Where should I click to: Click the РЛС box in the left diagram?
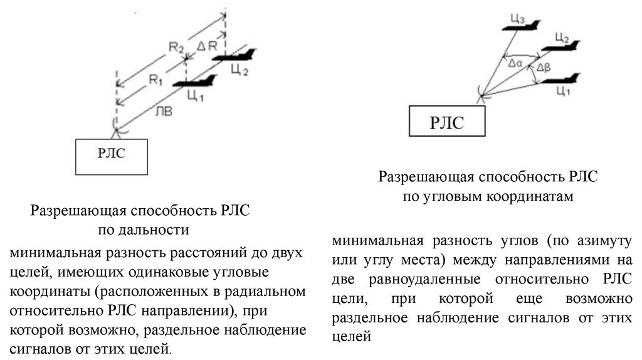[111, 157]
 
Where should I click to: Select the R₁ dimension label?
[155, 79]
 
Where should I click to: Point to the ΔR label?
[206, 46]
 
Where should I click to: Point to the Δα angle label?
[515, 63]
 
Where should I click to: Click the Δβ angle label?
[544, 66]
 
